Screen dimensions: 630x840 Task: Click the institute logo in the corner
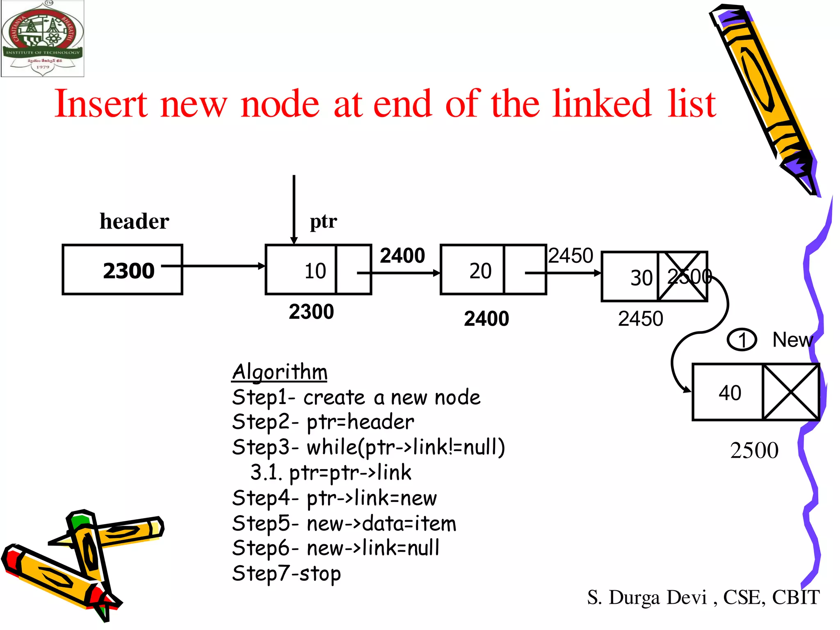point(43,39)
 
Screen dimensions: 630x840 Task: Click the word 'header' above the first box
point(135,221)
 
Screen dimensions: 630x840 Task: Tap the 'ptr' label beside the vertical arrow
point(323,221)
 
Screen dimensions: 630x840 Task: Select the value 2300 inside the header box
point(128,271)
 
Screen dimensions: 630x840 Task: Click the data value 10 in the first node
point(315,271)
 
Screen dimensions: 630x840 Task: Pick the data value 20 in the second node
point(480,271)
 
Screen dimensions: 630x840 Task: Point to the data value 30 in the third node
point(641,278)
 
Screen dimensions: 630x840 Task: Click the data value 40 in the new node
point(730,393)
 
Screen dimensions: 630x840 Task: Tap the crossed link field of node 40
point(791,392)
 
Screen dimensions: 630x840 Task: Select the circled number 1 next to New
point(742,340)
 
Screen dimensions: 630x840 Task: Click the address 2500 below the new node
point(754,450)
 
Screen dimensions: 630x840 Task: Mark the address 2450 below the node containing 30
point(640,319)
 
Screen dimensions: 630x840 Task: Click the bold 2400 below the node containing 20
point(486,319)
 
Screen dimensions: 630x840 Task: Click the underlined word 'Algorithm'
point(280,372)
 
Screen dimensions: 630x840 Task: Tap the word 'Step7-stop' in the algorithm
point(286,573)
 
